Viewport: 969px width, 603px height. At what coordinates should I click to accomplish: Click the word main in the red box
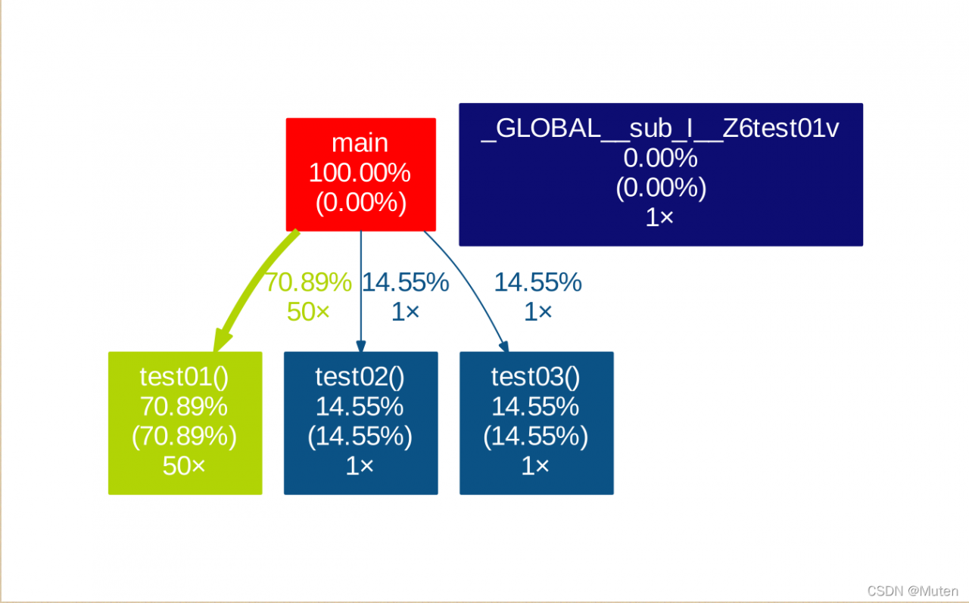click(x=360, y=143)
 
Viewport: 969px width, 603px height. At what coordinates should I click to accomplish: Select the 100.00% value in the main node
click(x=360, y=173)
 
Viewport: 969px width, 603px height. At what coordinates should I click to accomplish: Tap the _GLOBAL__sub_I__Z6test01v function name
click(x=660, y=129)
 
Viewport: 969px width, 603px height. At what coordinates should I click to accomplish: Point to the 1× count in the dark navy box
click(x=659, y=217)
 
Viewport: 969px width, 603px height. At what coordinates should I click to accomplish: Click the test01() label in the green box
click(x=184, y=377)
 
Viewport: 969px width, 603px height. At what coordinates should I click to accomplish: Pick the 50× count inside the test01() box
click(x=184, y=466)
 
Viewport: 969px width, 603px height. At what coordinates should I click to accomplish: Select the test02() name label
click(x=360, y=377)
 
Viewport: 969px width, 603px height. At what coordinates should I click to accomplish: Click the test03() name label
click(x=535, y=377)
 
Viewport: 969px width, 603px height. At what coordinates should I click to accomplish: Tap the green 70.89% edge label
click(x=308, y=282)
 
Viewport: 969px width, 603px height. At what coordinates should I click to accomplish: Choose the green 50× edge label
click(x=308, y=312)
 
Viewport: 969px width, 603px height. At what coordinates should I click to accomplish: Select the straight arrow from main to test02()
click(x=361, y=291)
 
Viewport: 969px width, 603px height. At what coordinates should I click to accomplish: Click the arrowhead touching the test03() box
click(x=504, y=347)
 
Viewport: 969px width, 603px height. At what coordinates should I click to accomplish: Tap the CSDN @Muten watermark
click(x=913, y=591)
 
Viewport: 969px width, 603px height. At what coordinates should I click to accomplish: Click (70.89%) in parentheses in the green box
click(x=184, y=436)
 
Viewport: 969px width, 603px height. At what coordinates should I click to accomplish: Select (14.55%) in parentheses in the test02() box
click(x=360, y=436)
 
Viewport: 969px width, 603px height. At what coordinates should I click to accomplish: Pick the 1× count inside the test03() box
click(x=535, y=466)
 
